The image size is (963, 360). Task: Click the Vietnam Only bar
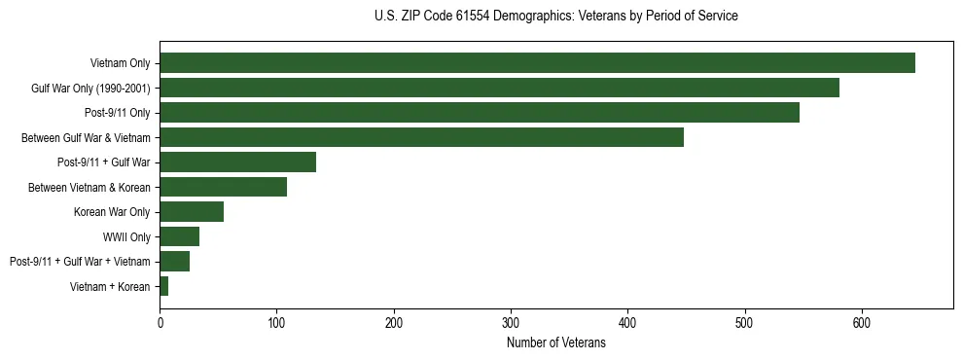click(x=537, y=63)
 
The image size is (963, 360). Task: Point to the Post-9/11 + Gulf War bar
click(x=237, y=162)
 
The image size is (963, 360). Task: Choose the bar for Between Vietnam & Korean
click(x=223, y=187)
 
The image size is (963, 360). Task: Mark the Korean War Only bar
click(x=192, y=212)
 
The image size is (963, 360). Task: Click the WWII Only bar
click(x=179, y=236)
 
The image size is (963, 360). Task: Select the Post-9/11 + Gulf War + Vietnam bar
click(x=174, y=262)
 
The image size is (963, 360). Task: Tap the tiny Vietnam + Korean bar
click(x=164, y=286)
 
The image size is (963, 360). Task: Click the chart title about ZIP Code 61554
click(x=555, y=17)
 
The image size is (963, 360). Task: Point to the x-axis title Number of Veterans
click(x=555, y=342)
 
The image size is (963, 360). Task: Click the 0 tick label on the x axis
click(x=160, y=322)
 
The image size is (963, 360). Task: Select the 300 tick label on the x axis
click(x=511, y=322)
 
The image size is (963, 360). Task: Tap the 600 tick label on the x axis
click(x=862, y=322)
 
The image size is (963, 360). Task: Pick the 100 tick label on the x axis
click(x=276, y=322)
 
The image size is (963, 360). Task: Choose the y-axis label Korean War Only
click(x=112, y=212)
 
